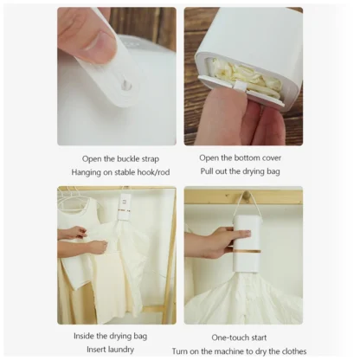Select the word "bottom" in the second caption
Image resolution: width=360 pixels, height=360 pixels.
[246, 157]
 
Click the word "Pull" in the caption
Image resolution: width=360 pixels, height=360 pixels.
[207, 171]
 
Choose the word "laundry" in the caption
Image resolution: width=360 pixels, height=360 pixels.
[121, 350]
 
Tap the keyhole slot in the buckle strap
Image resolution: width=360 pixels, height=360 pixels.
[127, 85]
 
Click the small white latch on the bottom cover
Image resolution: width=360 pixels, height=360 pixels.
[240, 86]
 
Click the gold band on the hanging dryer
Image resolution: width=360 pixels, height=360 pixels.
[248, 251]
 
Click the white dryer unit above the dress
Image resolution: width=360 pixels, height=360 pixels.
[125, 206]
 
